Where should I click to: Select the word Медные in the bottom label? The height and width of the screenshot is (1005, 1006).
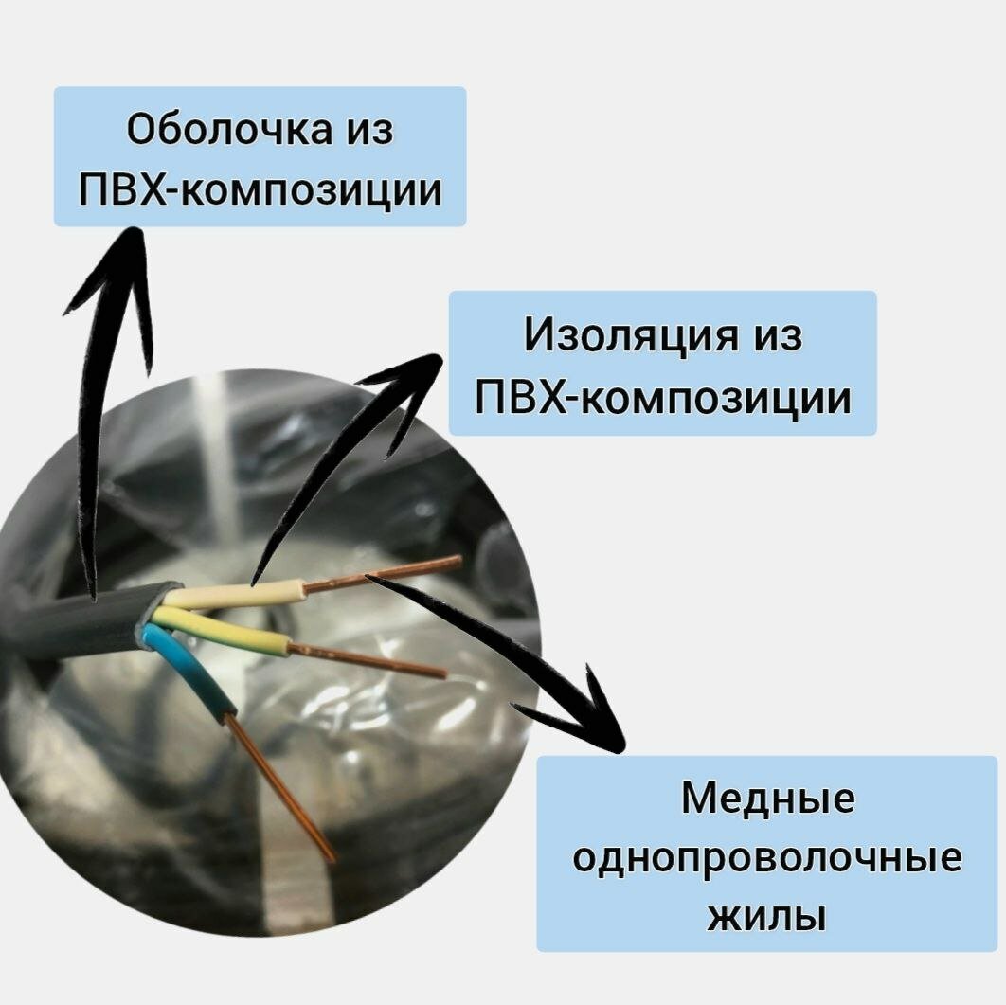[767, 799]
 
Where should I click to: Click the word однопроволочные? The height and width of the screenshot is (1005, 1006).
[767, 858]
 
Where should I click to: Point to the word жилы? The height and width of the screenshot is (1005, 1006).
[767, 917]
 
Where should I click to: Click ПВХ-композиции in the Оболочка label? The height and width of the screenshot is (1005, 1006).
[260, 190]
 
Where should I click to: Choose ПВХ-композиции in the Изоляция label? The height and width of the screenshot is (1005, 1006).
[662, 397]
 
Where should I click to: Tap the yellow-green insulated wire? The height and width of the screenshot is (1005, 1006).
[227, 634]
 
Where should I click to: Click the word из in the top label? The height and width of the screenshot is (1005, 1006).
[366, 131]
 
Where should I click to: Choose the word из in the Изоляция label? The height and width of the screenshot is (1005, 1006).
[776, 335]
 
